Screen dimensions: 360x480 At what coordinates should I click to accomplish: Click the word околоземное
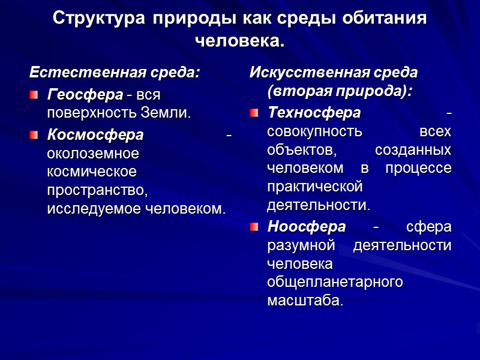pos(93,153)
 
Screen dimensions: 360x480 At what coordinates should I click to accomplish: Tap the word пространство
pos(97,190)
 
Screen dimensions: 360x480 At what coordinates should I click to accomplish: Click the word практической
pos(316,187)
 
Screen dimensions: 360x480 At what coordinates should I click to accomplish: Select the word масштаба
pos(305,300)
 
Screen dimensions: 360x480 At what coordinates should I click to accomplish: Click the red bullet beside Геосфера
pos(34,94)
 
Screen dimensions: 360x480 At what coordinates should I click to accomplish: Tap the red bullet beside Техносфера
pos(254,112)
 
